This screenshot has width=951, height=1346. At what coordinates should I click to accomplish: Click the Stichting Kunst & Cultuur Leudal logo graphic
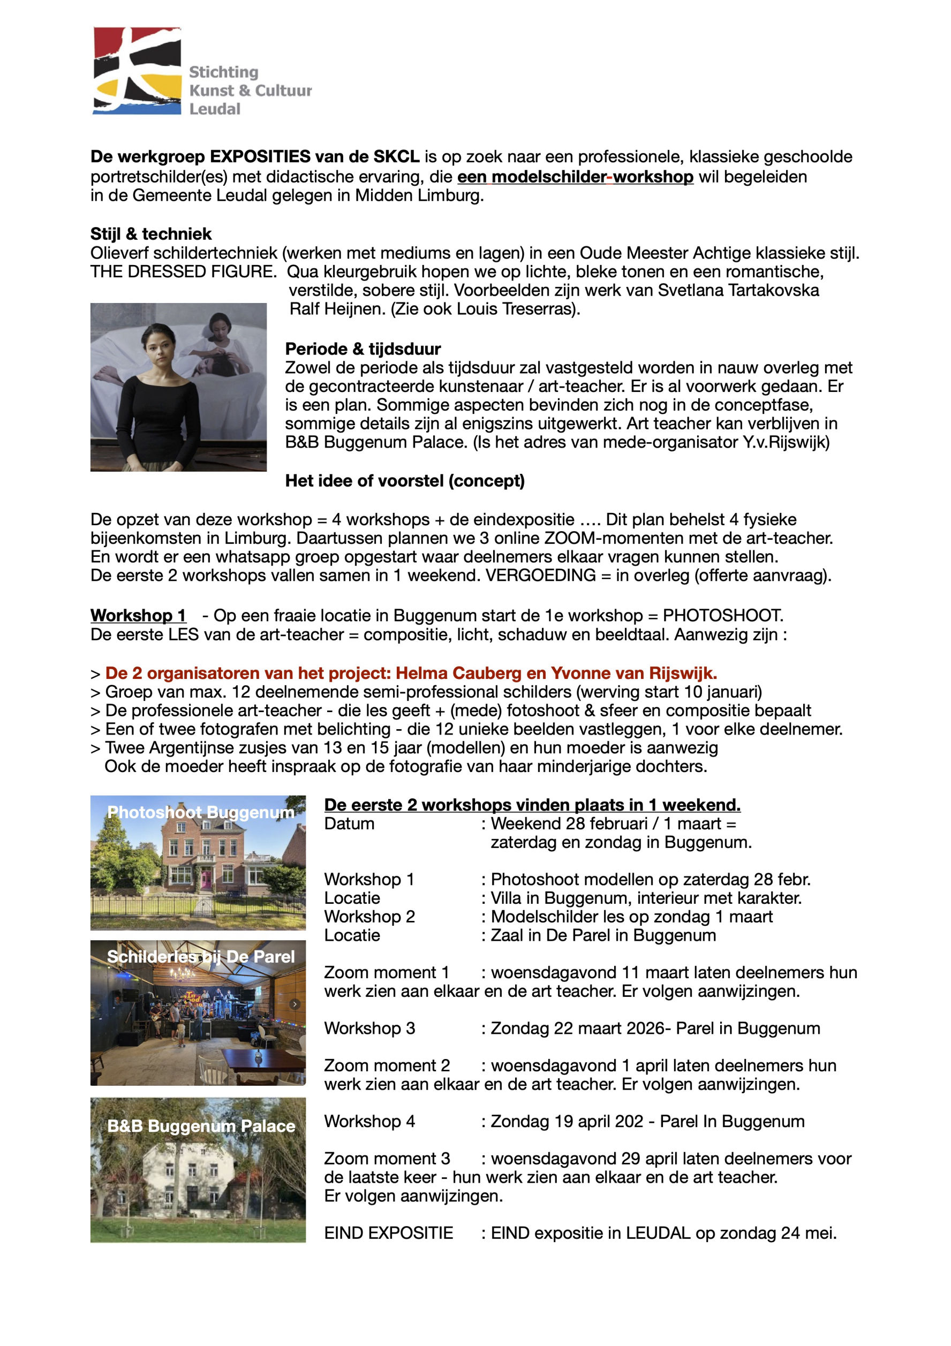137,70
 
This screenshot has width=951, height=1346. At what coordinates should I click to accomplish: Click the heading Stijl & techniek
150,234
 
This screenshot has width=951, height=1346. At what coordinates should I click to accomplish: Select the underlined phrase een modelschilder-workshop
575,177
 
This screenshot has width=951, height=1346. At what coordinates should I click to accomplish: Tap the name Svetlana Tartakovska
738,290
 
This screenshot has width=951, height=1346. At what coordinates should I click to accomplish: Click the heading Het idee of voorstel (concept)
405,481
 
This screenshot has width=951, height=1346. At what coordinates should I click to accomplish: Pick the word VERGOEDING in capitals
540,575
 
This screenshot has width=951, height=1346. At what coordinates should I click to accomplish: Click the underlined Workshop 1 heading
138,616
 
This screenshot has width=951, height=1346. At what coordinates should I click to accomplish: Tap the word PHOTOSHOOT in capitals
722,616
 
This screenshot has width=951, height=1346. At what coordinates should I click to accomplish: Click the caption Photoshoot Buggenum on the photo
200,813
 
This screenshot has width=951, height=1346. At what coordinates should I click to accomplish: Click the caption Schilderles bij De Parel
200,957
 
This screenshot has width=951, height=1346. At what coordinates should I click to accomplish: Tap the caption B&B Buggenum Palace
200,1126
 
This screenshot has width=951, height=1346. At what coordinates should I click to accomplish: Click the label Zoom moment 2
387,1065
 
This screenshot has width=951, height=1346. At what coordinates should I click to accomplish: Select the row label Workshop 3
369,1029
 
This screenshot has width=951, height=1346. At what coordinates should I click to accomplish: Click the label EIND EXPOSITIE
388,1233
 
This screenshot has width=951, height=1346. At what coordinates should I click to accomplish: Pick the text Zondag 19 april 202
567,1121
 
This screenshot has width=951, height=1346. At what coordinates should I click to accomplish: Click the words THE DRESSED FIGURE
183,271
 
